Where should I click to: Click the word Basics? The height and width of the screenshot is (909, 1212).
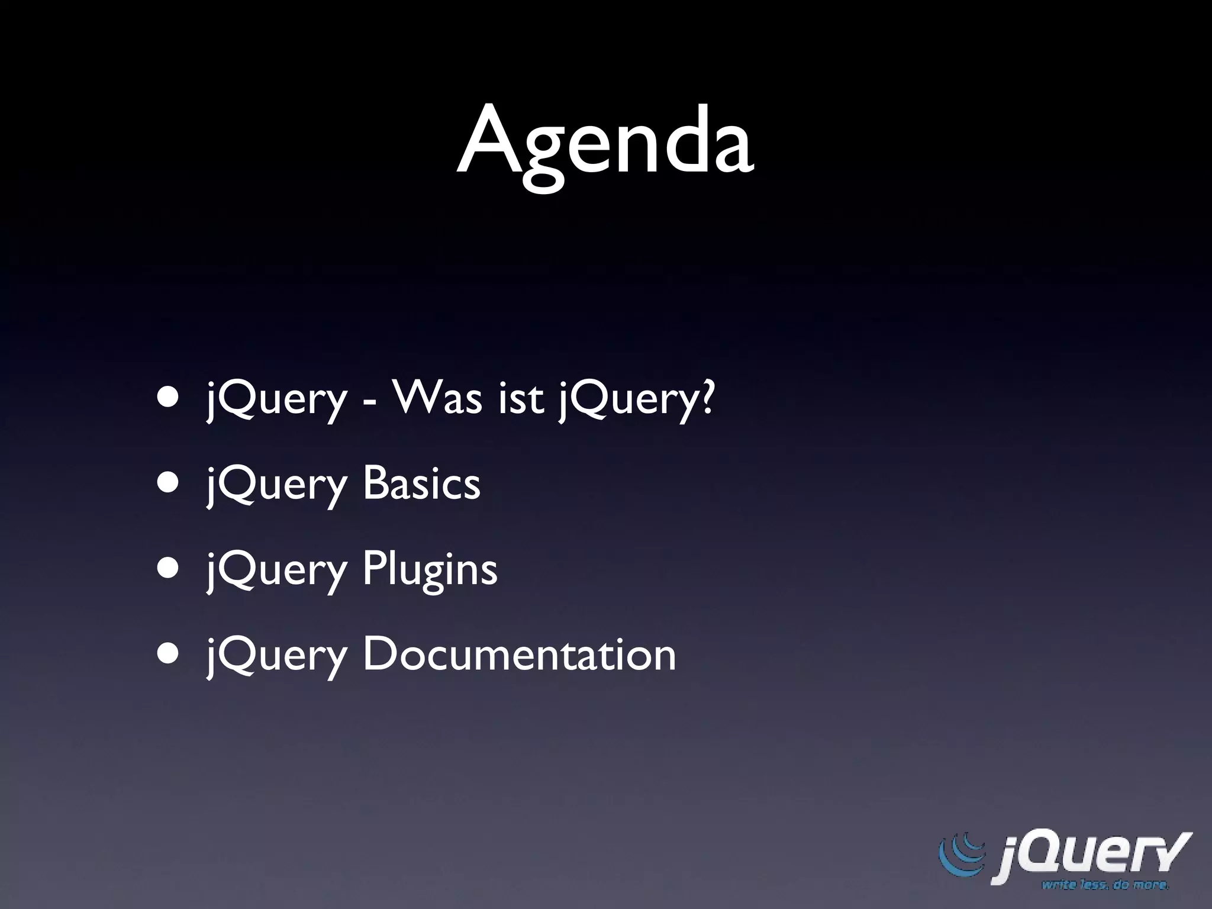(421, 483)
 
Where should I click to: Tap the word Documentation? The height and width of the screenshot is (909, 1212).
(519, 655)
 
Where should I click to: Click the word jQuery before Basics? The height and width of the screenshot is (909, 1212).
(276, 485)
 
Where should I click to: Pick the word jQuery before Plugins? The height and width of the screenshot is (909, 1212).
(276, 571)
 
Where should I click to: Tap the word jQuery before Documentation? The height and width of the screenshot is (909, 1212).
(276, 657)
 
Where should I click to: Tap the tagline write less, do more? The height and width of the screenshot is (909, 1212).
(1105, 886)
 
